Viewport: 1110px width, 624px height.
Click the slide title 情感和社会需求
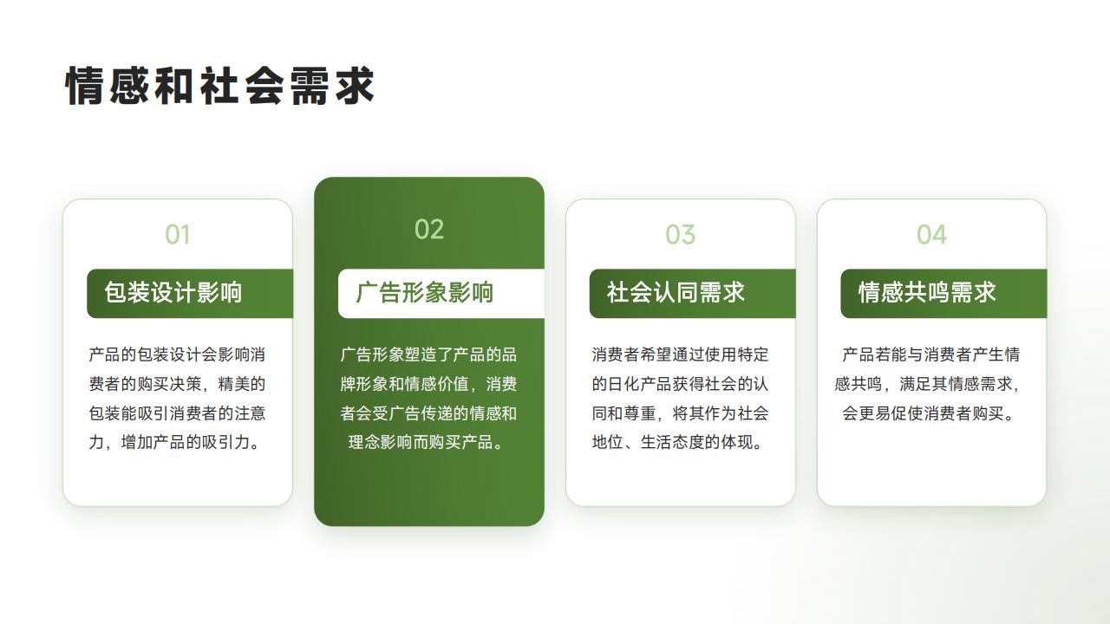point(219,86)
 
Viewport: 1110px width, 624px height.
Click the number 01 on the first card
point(178,235)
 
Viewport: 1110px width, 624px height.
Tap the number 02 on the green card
point(429,230)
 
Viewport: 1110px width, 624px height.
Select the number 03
point(681,235)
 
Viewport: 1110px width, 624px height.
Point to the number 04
point(931,235)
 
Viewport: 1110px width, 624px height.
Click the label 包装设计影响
point(173,292)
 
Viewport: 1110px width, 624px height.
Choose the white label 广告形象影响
point(425,292)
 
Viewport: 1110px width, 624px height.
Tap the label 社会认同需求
point(676,292)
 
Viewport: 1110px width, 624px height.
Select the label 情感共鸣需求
point(927,292)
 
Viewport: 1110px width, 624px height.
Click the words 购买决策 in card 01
point(169,384)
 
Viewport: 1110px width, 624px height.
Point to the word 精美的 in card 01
point(242,384)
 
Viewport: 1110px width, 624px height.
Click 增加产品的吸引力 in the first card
point(186,442)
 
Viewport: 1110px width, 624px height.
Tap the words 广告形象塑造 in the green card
point(388,354)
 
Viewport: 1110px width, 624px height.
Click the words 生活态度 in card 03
point(672,442)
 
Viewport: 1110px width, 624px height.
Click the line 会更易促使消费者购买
point(924,413)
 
